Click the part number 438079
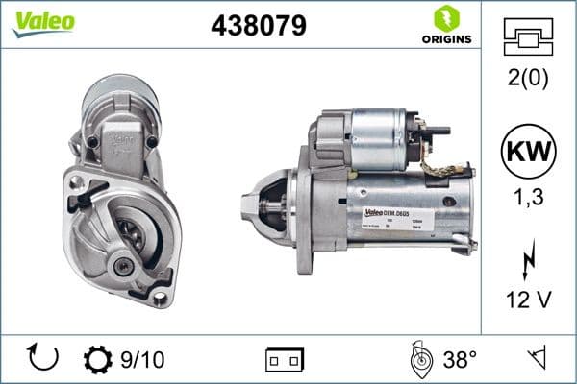click(259, 27)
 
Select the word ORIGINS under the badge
click(444, 40)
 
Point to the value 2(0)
click(530, 79)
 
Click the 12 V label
click(530, 300)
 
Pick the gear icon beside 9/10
click(98, 359)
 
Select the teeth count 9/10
click(143, 359)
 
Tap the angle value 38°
click(460, 359)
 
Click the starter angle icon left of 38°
click(420, 359)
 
